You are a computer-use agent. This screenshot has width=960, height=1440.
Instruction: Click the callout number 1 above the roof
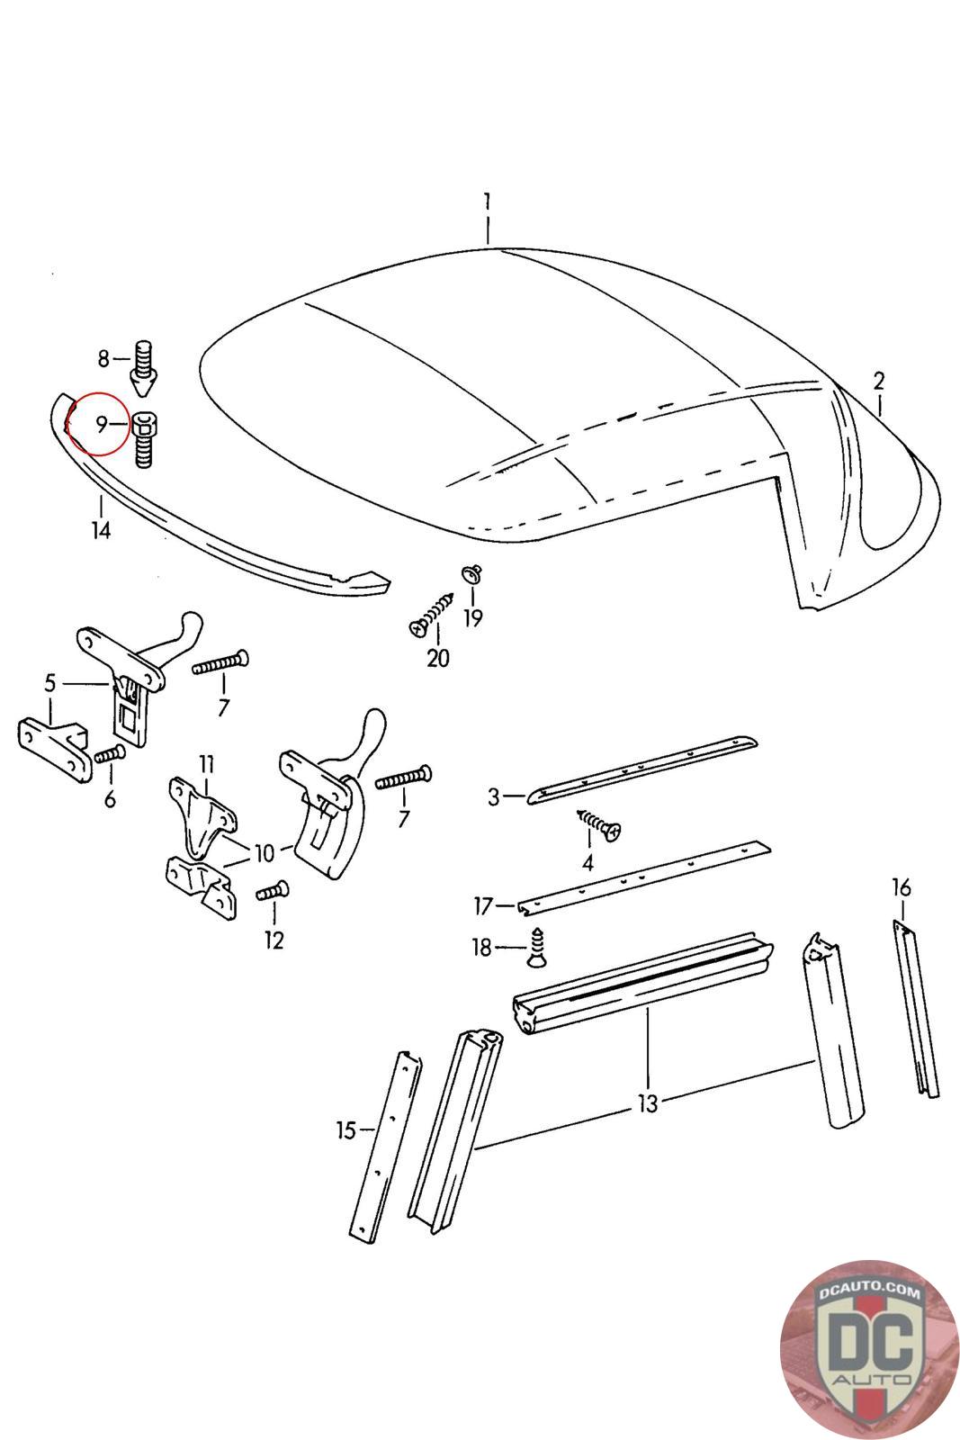(x=486, y=200)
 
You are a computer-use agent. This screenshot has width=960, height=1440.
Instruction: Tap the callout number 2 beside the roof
(x=878, y=380)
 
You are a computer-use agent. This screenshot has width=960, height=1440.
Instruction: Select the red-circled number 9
(x=101, y=423)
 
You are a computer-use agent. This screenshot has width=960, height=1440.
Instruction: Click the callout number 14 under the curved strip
(x=101, y=530)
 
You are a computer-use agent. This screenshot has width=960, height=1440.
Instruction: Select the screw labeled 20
(x=432, y=616)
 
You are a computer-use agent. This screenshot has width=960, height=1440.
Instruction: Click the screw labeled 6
(x=108, y=754)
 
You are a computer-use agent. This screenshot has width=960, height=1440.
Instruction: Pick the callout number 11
(x=207, y=765)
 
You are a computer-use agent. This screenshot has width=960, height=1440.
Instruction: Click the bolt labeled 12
(x=273, y=891)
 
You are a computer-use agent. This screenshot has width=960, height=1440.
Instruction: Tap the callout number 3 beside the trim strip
(x=493, y=796)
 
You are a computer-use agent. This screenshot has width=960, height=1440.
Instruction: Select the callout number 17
(x=483, y=905)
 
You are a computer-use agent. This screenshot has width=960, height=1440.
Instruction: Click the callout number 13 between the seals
(x=648, y=1102)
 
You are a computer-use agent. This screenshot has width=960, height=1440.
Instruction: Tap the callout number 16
(x=901, y=888)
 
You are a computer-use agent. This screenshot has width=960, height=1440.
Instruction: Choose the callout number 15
(x=346, y=1130)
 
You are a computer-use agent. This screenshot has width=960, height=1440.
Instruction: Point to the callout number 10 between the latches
(x=264, y=852)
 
